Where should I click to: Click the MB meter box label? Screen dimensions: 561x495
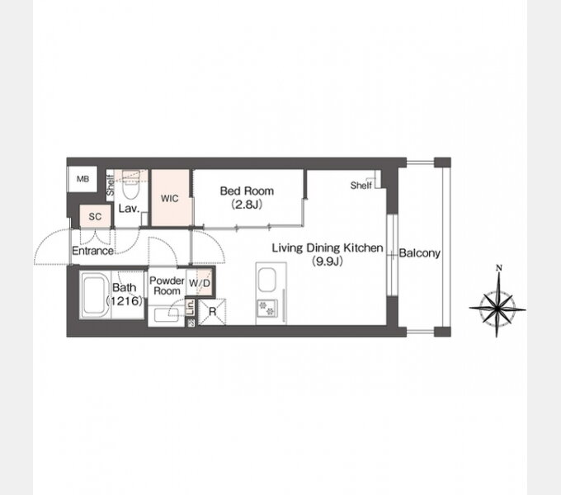coord(82,179)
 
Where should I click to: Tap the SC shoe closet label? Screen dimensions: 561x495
coord(95,216)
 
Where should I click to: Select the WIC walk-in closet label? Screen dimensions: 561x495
coord(170,198)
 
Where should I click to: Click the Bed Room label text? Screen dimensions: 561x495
coord(247,191)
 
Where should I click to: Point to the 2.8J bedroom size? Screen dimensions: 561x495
coord(247,205)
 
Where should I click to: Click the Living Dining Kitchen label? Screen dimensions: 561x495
coord(328,247)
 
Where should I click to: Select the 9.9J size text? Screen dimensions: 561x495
coord(328,262)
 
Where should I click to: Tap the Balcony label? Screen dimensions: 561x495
coord(419,253)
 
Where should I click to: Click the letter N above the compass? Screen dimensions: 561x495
coord(499,267)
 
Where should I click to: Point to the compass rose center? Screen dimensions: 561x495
coord(497,309)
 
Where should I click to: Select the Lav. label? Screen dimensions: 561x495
coord(129,209)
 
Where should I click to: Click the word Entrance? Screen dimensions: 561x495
coord(92,251)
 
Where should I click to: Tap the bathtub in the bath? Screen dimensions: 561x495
coord(95,295)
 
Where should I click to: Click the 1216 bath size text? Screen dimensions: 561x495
coord(125,301)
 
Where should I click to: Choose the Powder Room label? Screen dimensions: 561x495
coord(167,285)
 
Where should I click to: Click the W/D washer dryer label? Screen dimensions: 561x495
coord(200,283)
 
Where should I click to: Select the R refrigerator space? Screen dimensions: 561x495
coord(212,312)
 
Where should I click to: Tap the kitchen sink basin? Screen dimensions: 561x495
coord(266,280)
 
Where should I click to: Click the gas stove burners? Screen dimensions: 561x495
coord(267,309)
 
